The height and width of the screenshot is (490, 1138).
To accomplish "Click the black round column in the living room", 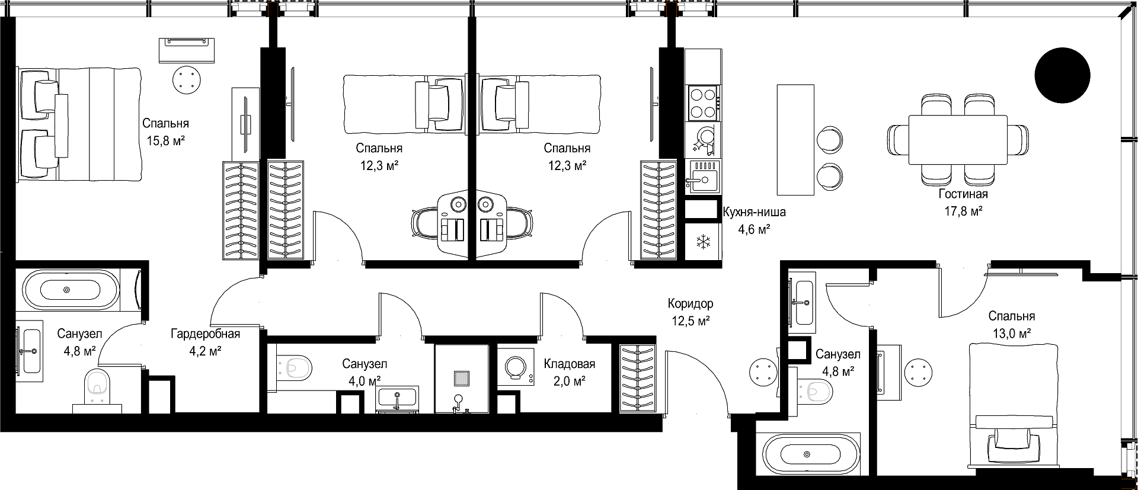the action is tap(1062, 75).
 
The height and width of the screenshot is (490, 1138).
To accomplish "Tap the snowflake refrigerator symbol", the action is tap(703, 242).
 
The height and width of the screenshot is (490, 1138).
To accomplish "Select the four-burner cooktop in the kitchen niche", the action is tap(704, 103).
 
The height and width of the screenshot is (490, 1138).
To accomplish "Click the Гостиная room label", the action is tap(963, 194).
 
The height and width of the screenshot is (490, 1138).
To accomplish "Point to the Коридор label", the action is tap(691, 304).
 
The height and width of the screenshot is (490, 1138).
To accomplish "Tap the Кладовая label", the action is tap(570, 364).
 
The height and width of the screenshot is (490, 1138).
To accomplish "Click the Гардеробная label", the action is tap(206, 334).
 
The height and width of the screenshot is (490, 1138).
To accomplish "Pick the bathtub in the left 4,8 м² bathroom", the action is tap(71, 290).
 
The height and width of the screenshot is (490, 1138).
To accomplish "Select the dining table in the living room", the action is tap(958, 140).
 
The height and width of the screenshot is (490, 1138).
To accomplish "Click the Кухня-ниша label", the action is tap(754, 212).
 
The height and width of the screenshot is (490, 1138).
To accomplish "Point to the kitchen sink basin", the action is tap(703, 178).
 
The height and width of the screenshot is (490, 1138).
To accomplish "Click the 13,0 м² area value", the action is tap(1012, 334).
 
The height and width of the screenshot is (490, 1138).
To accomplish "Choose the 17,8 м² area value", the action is tap(963, 212).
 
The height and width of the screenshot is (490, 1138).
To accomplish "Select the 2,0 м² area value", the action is tap(570, 382).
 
